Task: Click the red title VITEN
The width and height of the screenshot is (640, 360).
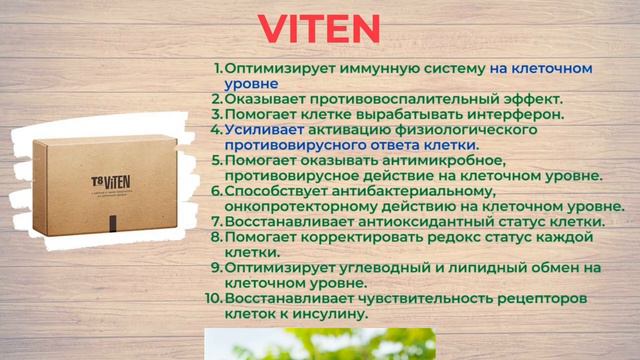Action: point(319,29)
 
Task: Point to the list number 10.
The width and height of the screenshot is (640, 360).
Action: point(213,298)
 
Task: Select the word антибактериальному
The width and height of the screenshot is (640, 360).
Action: point(399,190)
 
